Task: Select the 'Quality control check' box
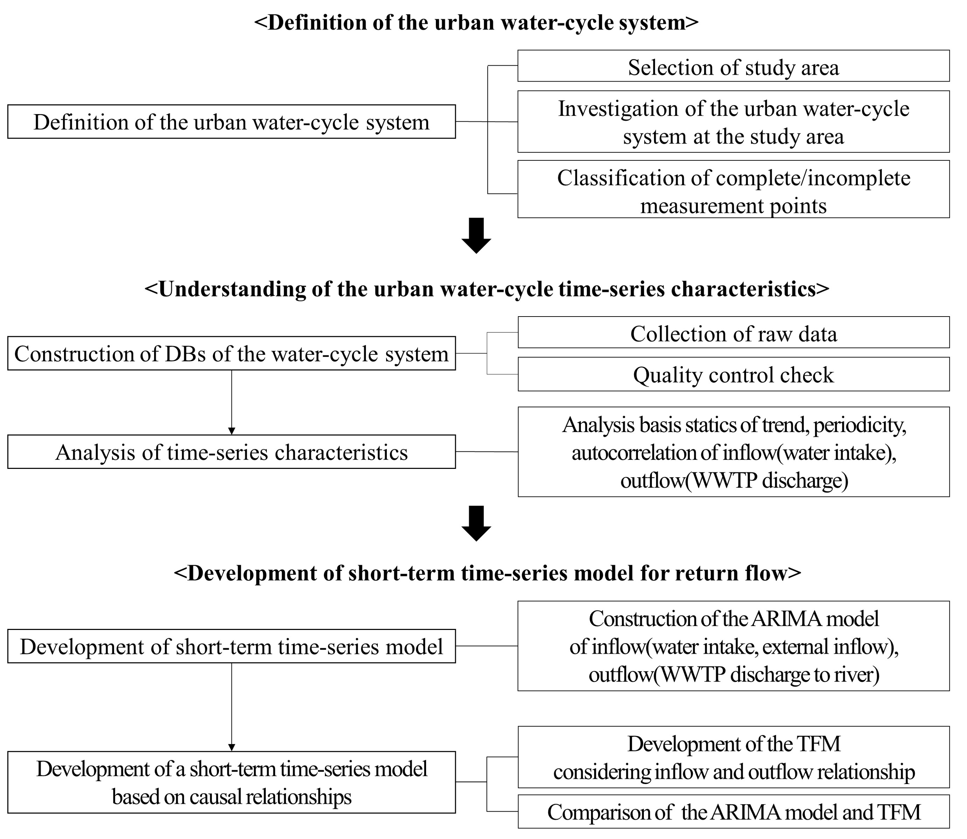[x=733, y=374]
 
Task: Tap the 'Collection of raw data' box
[x=733, y=332]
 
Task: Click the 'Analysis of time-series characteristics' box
[x=231, y=452]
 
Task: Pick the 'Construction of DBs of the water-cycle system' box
[x=231, y=353]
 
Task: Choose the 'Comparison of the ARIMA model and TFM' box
[x=733, y=811]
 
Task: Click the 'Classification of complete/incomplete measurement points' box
[x=733, y=189]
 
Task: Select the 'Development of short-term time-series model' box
[x=231, y=646]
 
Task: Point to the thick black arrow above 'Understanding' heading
[x=476, y=236]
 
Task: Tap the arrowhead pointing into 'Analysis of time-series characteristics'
[x=231, y=431]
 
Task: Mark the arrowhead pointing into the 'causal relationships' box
[x=231, y=748]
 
